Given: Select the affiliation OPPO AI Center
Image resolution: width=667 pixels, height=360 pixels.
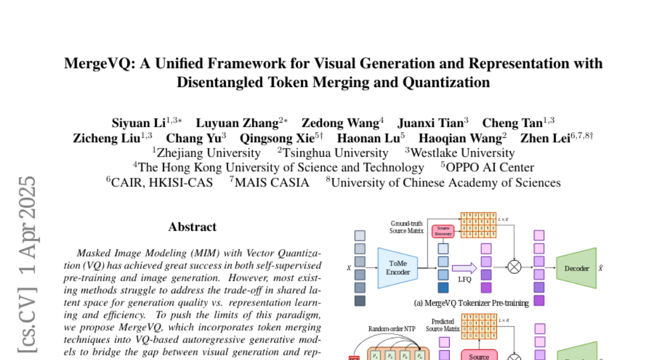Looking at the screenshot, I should (x=490, y=168).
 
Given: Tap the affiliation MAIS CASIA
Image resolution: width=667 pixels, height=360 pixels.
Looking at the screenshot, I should (x=272, y=183).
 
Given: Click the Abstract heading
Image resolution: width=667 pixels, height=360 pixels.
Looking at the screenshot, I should (x=192, y=227).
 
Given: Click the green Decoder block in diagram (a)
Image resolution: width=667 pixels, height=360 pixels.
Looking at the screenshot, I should (x=576, y=268).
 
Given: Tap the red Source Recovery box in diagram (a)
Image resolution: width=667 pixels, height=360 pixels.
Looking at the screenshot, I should (x=443, y=231).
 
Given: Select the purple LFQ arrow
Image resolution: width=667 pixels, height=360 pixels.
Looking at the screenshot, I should (x=465, y=268).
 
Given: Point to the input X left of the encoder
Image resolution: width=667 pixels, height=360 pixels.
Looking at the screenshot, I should (x=349, y=268).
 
